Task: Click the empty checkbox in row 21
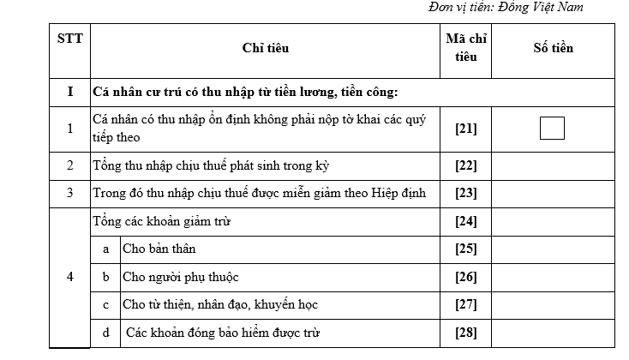pyautogui.click(x=553, y=128)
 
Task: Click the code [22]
pyautogui.click(x=465, y=165)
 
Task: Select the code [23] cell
pyautogui.click(x=465, y=194)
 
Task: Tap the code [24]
pyautogui.click(x=465, y=222)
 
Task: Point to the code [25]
pyautogui.click(x=465, y=249)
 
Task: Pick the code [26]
pyautogui.click(x=465, y=277)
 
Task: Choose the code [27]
pyautogui.click(x=465, y=304)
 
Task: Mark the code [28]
pyautogui.click(x=465, y=333)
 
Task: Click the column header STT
pyautogui.click(x=69, y=39)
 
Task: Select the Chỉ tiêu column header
pyautogui.click(x=266, y=48)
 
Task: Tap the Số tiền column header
pyautogui.click(x=553, y=48)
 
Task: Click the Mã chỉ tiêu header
pyautogui.click(x=465, y=48)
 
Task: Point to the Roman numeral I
pyautogui.click(x=69, y=92)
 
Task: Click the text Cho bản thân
pyautogui.click(x=159, y=249)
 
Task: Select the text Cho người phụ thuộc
pyautogui.click(x=180, y=277)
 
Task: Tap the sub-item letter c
pyautogui.click(x=105, y=304)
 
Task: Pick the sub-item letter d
pyautogui.click(x=105, y=333)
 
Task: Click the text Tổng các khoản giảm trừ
pyautogui.click(x=162, y=222)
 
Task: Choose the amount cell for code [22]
pyautogui.click(x=553, y=165)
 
